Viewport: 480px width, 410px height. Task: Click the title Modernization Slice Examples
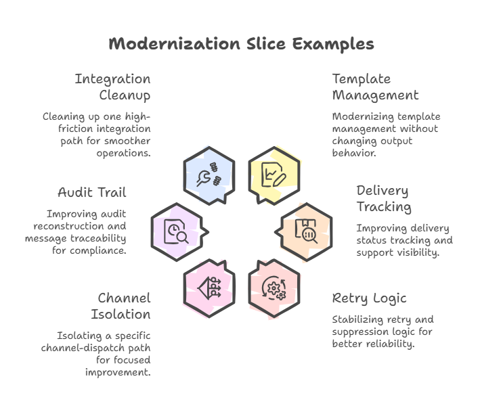click(241, 44)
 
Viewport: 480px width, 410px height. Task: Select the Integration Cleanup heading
click(112, 87)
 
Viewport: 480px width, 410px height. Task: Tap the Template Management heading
click(375, 87)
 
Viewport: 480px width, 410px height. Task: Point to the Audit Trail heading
click(92, 192)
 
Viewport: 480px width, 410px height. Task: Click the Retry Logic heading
click(368, 298)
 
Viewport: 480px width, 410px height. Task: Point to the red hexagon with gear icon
click(274, 288)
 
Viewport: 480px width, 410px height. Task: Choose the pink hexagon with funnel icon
click(209, 288)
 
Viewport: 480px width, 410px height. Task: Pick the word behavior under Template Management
click(353, 153)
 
